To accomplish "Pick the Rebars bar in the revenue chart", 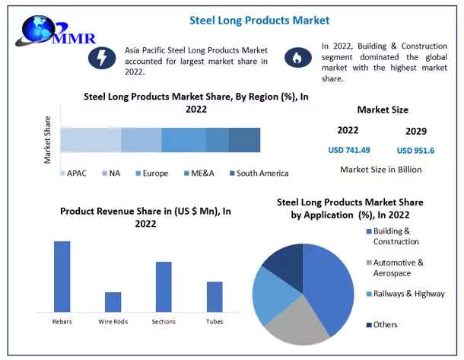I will tap(62, 276).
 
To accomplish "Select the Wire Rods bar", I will tap(113, 301).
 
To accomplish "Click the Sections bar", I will tap(164, 286).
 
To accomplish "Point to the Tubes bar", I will tap(215, 296).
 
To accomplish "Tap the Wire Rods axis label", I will tap(113, 322).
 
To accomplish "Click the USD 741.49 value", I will tap(349, 150).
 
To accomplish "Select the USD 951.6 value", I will tap(415, 150).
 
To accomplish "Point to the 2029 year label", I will tap(416, 131).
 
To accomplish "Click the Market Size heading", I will tap(383, 110).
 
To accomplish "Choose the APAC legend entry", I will tap(74, 174).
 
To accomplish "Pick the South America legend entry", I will tap(258, 174).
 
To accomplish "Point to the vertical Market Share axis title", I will tap(48, 139).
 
